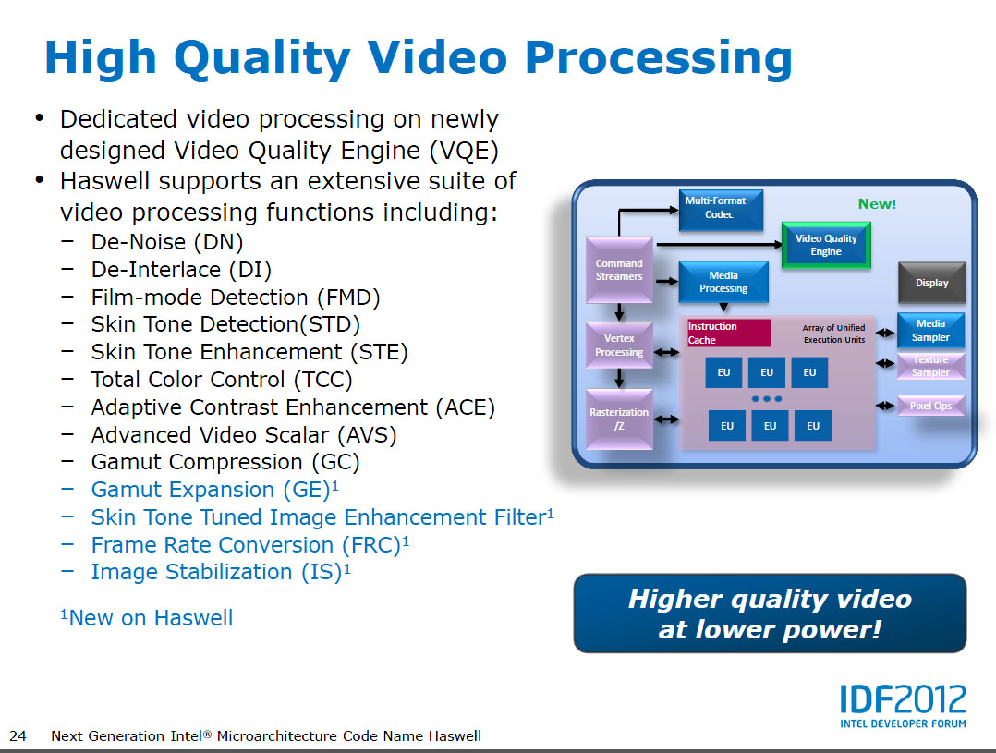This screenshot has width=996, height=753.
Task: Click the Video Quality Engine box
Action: tap(826, 245)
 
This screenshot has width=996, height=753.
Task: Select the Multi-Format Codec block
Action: tap(721, 210)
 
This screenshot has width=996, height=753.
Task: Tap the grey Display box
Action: tap(932, 282)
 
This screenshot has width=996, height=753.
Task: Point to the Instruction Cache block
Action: tap(729, 333)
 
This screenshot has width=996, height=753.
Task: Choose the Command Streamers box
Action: tap(619, 270)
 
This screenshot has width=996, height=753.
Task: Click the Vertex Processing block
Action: tap(619, 345)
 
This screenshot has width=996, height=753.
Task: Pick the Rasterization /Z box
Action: tap(619, 419)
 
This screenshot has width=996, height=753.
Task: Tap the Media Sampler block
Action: tap(930, 331)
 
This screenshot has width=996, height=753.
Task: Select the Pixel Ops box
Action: tap(930, 406)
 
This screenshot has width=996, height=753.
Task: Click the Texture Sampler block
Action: tap(930, 366)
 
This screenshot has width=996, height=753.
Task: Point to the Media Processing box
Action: tap(723, 282)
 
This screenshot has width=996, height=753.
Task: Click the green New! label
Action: tap(877, 204)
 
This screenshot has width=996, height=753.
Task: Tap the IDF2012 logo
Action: tap(903, 705)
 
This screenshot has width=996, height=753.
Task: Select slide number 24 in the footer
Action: tap(18, 735)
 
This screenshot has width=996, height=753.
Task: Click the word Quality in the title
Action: tap(261, 59)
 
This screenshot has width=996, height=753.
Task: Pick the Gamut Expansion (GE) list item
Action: tap(214, 490)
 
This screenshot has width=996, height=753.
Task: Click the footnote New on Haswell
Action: tap(147, 618)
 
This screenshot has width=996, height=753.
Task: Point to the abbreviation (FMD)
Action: tap(348, 298)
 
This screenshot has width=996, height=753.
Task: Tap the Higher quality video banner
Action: tap(770, 613)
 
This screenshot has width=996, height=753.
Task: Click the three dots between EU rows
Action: tap(767, 399)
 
